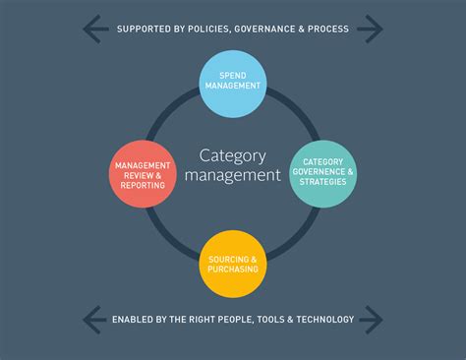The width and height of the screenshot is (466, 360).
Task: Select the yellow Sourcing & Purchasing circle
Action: (x=233, y=264)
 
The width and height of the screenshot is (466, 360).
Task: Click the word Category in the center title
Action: (x=233, y=155)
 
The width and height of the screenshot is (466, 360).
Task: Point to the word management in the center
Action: (x=233, y=176)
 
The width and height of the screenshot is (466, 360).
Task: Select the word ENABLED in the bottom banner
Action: (x=131, y=319)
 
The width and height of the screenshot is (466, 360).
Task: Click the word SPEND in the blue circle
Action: (x=233, y=75)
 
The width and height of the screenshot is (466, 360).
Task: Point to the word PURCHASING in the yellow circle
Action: (x=233, y=269)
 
